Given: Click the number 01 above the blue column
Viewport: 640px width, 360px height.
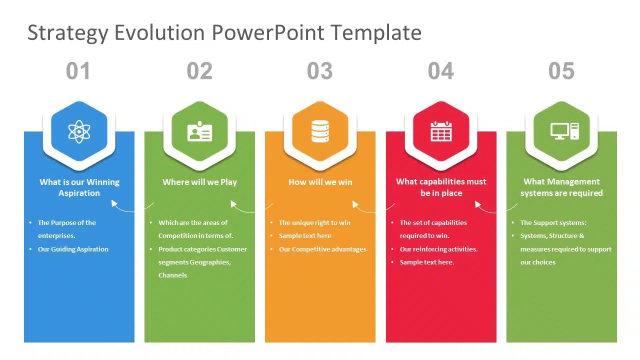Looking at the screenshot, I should point(78,71).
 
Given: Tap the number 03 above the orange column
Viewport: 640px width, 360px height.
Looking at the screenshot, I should point(320,71).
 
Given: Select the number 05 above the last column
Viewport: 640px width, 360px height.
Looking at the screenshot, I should point(561,71).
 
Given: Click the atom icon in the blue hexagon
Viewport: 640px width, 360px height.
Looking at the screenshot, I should point(79,131).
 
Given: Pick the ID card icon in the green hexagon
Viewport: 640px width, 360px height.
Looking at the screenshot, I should point(199,131).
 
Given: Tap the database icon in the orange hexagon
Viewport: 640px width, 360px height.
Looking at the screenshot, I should point(320,131).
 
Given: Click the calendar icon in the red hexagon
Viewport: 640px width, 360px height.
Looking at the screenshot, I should point(441,131).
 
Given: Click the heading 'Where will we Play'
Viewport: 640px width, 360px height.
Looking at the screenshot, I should point(199,182).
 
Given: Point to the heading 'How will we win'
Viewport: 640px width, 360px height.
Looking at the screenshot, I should point(320,182).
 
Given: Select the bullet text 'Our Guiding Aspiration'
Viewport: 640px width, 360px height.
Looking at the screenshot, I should point(73,249).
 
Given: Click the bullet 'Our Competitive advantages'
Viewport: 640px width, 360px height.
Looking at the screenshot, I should point(322,249).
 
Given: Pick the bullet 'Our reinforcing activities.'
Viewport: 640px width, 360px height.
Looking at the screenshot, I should point(438,249).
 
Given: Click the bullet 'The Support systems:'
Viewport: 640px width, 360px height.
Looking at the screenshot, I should point(553,223).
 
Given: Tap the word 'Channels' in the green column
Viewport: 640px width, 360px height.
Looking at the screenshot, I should point(172,275).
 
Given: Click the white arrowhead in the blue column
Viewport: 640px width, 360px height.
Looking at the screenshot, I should point(114,203).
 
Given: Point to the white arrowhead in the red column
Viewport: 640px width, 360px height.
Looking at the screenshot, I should point(477,204).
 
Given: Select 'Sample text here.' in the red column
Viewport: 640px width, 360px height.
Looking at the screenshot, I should point(426,262).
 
